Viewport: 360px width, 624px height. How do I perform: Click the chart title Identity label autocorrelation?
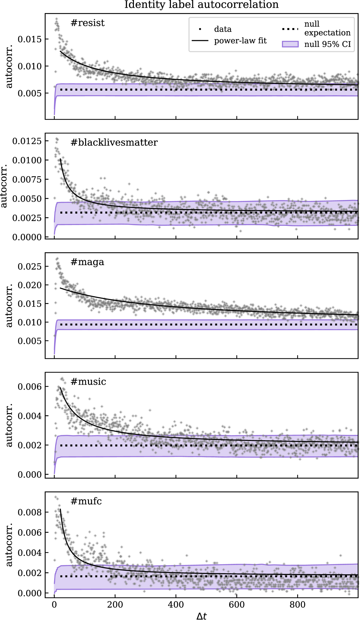click(201, 5)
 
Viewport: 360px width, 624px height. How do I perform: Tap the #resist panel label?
click(87, 23)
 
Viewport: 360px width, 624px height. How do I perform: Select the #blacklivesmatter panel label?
click(114, 142)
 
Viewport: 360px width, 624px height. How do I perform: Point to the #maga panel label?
click(87, 262)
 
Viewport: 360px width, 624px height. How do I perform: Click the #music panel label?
click(88, 382)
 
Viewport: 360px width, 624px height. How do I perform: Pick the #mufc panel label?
click(86, 501)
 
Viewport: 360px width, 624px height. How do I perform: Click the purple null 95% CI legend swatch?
click(290, 44)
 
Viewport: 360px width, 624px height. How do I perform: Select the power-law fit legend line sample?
click(200, 41)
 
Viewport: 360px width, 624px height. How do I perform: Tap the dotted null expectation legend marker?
click(290, 29)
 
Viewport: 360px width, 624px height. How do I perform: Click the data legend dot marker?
click(200, 29)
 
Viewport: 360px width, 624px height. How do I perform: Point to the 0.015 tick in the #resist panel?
click(30, 39)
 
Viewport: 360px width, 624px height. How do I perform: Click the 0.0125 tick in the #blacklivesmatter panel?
click(27, 141)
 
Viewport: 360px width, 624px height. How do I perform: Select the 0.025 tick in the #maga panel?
click(30, 266)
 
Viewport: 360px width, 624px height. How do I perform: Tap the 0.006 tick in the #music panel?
click(30, 387)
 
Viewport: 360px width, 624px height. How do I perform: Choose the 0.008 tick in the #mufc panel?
click(30, 512)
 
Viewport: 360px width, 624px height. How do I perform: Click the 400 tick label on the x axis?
click(176, 605)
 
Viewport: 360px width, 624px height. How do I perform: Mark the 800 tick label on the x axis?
click(298, 605)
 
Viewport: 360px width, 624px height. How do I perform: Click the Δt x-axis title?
click(202, 616)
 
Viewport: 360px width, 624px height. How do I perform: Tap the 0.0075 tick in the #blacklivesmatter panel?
click(27, 180)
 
